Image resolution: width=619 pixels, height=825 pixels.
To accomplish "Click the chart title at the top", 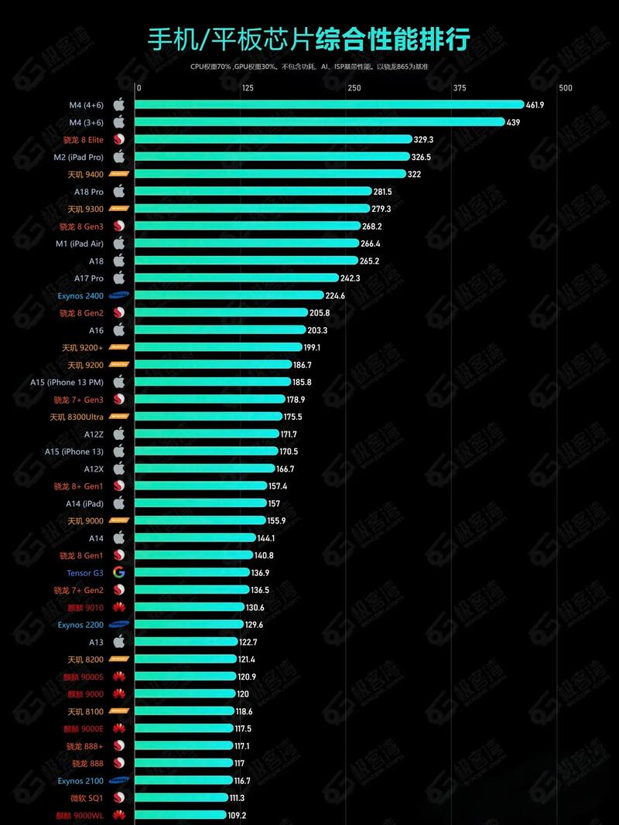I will (309, 39).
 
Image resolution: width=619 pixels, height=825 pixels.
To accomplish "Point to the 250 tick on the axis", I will (354, 88).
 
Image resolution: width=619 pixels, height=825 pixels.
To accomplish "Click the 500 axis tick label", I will (566, 88).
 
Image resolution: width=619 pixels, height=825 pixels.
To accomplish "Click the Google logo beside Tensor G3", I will (119, 573).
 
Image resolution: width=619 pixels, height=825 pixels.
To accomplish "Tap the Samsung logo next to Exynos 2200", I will (119, 625).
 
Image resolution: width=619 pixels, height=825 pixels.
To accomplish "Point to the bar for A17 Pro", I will (237, 278).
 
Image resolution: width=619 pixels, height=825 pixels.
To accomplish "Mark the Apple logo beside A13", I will (119, 642).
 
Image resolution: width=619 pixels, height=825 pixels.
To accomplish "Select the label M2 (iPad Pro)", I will (78, 157).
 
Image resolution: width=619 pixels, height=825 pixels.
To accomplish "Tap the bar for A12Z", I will (207, 434).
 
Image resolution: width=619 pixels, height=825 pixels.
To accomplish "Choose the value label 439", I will (513, 122).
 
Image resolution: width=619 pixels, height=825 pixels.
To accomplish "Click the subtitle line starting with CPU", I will (309, 66).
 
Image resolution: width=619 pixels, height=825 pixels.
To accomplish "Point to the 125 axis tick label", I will (248, 88).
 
